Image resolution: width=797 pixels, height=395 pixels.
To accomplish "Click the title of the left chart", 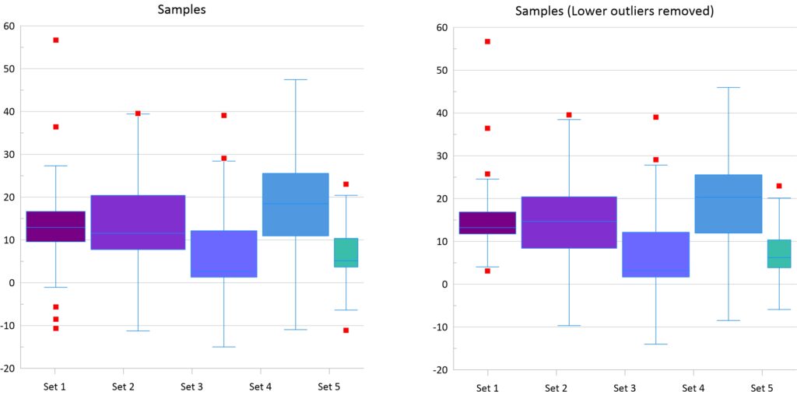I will (x=182, y=9).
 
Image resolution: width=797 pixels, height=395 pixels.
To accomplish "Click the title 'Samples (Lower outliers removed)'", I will (x=614, y=11).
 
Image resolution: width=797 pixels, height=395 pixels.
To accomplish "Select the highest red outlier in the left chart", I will (x=56, y=40).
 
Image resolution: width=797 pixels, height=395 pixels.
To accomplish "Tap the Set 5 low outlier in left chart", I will (x=346, y=330).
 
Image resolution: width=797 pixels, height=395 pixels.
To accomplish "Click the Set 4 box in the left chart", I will (x=295, y=204).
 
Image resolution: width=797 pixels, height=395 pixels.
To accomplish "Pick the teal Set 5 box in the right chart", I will (x=779, y=253).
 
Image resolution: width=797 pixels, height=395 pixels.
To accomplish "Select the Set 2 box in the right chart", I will (x=569, y=222).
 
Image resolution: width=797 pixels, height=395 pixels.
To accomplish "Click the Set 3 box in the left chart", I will (x=223, y=253).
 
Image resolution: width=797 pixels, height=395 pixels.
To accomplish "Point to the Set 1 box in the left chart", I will (x=56, y=226).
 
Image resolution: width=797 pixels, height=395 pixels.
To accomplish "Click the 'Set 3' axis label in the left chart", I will (x=191, y=386).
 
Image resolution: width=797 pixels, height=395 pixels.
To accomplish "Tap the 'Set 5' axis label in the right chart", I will (x=762, y=388).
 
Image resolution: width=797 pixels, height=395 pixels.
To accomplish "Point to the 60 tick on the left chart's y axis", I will (x=9, y=26).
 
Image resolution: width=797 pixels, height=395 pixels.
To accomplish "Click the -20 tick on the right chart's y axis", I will (x=440, y=369).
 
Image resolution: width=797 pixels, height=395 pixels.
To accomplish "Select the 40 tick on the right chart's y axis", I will (x=442, y=113).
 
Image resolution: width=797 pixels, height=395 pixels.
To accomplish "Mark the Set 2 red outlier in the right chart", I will (x=569, y=114).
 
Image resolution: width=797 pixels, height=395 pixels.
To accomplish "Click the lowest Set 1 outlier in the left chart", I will (x=56, y=328).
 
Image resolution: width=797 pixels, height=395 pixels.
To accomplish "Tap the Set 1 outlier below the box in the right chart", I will (x=487, y=271).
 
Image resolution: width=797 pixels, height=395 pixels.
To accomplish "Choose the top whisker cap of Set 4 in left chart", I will (x=295, y=79).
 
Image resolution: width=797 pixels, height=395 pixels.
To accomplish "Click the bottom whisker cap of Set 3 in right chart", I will (x=655, y=344).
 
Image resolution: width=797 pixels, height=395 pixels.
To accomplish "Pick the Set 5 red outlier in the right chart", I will (x=778, y=186).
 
